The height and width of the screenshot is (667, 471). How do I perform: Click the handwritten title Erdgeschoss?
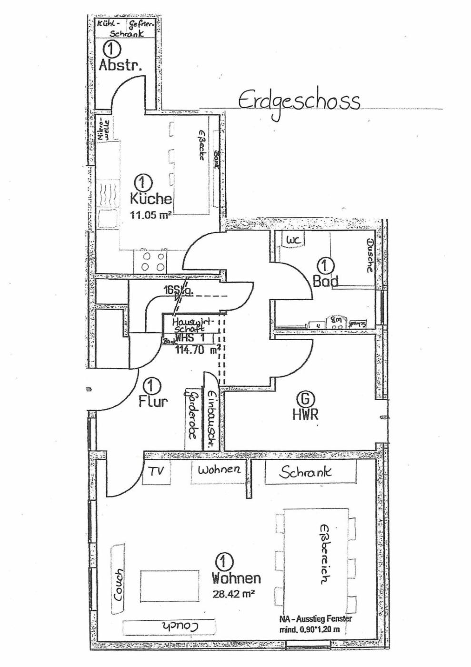(x=299, y=101)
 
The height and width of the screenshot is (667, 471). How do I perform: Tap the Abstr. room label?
(x=120, y=65)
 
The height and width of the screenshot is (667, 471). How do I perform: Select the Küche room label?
(x=150, y=198)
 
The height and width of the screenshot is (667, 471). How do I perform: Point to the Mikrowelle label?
(x=103, y=128)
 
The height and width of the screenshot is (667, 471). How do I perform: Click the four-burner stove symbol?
(x=153, y=261)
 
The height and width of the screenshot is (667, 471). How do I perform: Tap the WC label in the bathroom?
(x=293, y=240)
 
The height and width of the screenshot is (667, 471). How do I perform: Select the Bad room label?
(x=326, y=281)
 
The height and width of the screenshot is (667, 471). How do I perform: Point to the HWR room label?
(x=305, y=414)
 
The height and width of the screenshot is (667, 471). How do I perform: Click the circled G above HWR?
(x=305, y=398)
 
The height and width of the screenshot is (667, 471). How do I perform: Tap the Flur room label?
(x=153, y=401)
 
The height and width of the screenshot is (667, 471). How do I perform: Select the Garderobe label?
(x=191, y=415)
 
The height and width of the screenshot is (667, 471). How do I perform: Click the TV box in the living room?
(x=156, y=472)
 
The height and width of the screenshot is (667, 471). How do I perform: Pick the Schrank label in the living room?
(x=305, y=472)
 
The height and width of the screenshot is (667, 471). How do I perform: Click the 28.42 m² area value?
(x=233, y=594)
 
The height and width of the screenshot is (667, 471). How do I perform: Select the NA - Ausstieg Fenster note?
(x=315, y=619)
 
